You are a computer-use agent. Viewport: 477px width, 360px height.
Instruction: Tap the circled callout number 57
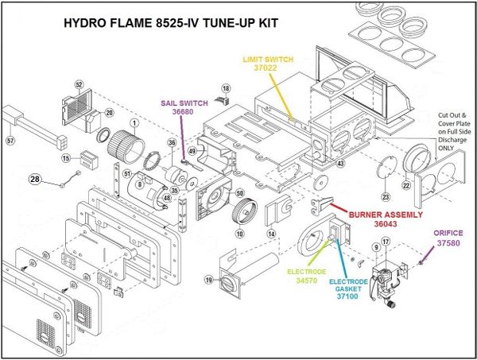click(10, 140)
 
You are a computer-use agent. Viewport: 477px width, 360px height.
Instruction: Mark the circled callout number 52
click(79, 85)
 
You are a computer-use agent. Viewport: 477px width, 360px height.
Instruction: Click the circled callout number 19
click(207, 280)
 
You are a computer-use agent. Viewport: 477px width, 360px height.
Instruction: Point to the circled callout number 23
click(386, 196)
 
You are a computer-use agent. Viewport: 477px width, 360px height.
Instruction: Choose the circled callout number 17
click(386, 242)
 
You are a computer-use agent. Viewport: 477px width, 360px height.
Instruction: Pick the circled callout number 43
click(340, 163)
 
